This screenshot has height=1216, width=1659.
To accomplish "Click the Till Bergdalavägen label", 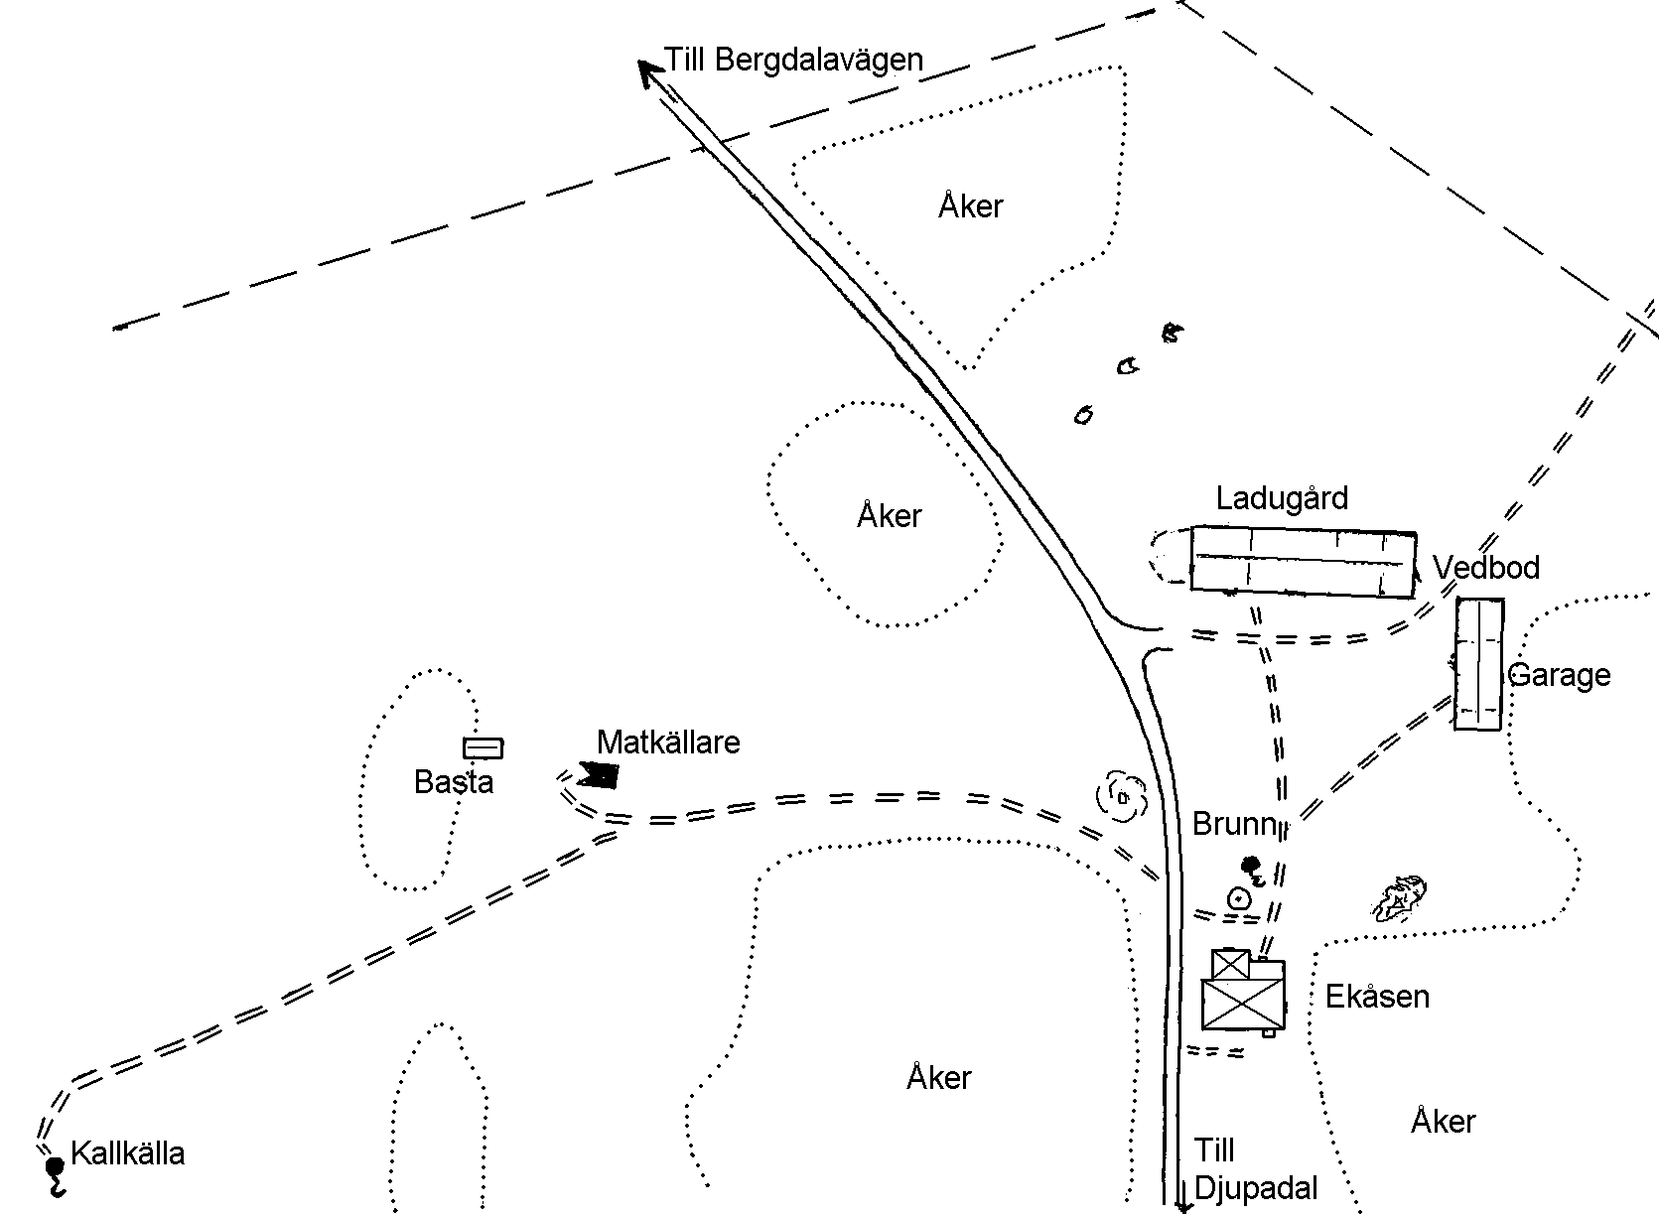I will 794,60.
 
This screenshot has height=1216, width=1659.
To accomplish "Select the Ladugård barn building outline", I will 1303,562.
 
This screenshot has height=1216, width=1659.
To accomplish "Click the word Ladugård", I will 1282,497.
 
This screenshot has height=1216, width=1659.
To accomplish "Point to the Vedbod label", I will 1486,568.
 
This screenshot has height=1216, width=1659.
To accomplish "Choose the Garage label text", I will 1559,676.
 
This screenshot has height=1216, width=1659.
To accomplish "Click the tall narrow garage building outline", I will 1478,664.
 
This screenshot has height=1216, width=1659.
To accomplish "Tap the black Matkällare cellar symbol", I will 599,773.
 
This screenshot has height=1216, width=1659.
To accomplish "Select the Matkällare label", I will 668,743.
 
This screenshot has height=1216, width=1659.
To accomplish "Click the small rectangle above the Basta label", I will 483,748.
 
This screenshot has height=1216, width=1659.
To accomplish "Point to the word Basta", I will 454,782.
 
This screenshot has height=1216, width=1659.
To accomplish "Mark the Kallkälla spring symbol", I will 55,1168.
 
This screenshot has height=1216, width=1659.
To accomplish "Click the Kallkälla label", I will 128,1154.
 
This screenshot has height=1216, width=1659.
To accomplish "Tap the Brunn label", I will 1233,824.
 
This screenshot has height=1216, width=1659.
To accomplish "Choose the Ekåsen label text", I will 1377,997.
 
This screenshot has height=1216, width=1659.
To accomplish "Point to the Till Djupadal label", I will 1255,1169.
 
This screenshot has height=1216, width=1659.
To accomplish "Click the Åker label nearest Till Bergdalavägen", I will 970,206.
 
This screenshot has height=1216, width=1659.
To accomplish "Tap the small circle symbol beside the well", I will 1238,899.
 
